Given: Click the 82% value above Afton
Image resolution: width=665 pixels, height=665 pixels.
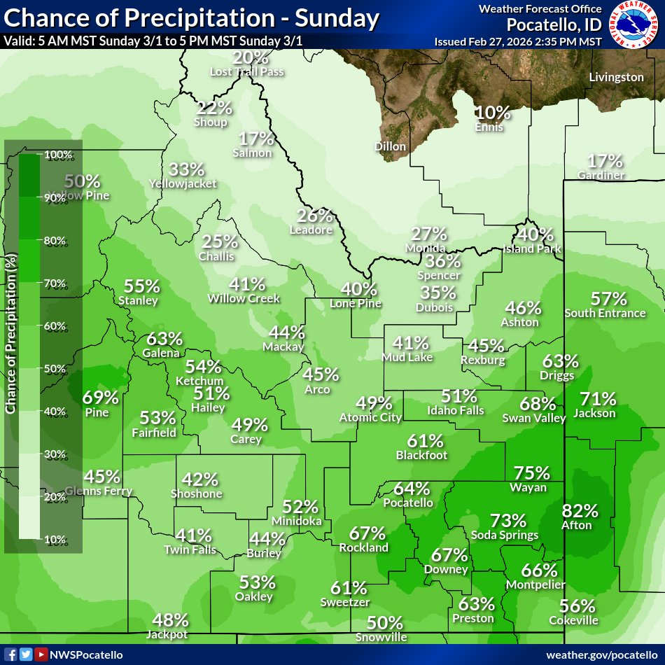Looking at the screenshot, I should click(580, 511).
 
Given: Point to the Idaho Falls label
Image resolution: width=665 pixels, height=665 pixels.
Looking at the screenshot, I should click(456, 410).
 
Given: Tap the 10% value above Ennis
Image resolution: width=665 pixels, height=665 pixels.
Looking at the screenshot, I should click(493, 112).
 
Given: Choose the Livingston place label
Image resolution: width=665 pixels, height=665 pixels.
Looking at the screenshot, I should click(616, 77).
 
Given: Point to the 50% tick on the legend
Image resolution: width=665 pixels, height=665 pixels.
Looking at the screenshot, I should click(55, 369).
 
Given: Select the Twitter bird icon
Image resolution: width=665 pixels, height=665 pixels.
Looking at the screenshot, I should click(26, 654).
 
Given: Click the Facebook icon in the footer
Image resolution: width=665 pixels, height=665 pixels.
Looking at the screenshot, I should click(12, 654).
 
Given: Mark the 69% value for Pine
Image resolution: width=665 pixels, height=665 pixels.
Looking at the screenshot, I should click(101, 398).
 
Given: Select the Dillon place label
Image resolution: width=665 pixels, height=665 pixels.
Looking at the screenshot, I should click(390, 146).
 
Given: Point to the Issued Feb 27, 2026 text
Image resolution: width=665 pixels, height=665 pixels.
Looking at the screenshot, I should click(518, 41).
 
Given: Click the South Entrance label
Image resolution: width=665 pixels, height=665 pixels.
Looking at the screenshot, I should click(605, 313).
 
